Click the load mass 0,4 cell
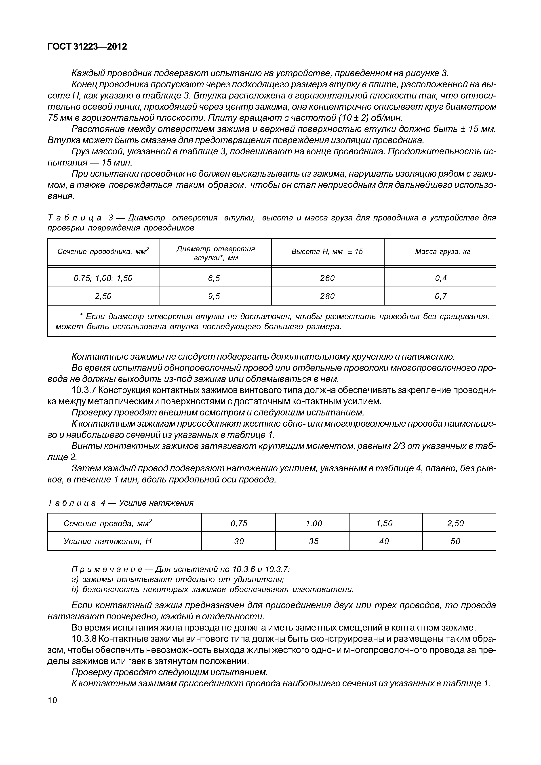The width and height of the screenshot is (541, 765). point(441,278)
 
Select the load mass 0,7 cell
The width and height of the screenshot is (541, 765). point(441,296)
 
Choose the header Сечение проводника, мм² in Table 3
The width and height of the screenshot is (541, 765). point(103,252)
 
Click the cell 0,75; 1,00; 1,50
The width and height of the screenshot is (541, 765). point(103,278)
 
